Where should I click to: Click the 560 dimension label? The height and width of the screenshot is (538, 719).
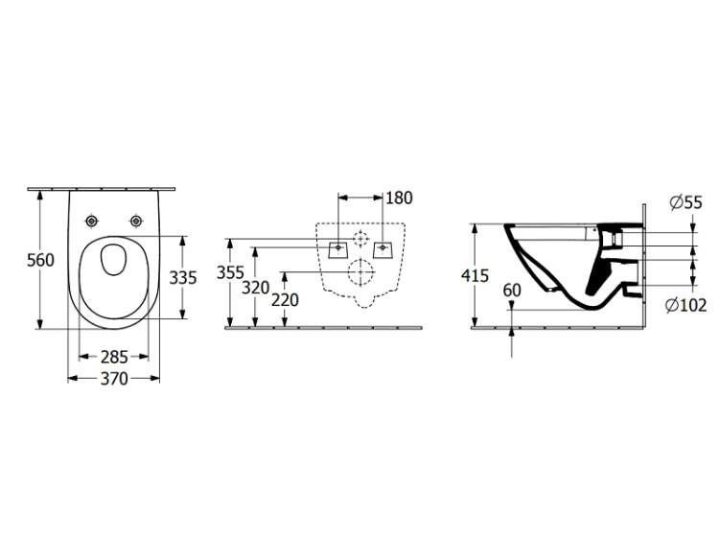(40, 260)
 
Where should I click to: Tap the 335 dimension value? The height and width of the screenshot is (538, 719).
(183, 277)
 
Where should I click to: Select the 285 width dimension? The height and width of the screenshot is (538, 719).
(114, 357)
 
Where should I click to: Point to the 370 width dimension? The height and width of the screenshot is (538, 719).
(114, 379)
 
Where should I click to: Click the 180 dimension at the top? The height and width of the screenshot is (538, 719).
(400, 198)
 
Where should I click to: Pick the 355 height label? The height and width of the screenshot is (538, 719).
(230, 272)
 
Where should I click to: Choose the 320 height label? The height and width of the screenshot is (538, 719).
(255, 288)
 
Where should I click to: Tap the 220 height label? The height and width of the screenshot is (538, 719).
(285, 300)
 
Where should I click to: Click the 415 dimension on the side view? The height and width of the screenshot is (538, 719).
(475, 275)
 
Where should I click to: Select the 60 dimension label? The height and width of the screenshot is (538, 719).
(512, 291)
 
